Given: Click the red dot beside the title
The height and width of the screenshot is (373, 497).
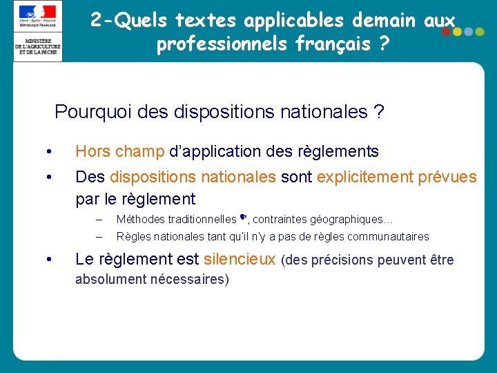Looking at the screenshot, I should (447, 32).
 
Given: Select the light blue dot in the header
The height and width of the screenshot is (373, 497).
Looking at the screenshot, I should (469, 32).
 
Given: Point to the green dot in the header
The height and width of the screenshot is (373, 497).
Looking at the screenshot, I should (480, 32).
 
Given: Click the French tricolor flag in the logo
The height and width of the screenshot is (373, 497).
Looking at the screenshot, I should (38, 12).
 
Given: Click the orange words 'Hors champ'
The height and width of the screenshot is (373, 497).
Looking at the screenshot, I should (119, 151).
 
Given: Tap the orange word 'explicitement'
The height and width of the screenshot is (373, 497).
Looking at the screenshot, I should (365, 178).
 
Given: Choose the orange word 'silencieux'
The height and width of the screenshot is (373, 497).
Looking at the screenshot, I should (240, 260).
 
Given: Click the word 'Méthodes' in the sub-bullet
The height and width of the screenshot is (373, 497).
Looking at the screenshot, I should (141, 220).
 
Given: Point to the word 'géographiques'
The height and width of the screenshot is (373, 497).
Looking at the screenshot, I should (348, 220).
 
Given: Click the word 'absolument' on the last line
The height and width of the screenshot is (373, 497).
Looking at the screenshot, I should (110, 279).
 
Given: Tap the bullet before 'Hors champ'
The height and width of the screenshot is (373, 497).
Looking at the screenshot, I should (48, 152).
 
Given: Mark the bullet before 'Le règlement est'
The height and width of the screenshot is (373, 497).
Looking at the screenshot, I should (48, 260).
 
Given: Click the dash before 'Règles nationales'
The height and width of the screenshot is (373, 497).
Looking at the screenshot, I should (99, 237).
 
